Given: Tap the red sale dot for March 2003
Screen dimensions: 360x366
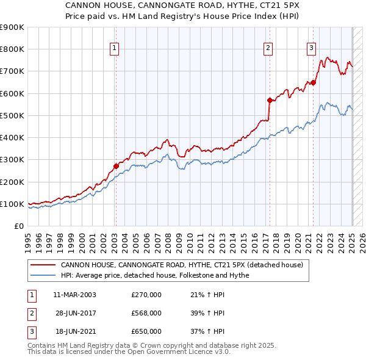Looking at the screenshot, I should (x=115, y=166).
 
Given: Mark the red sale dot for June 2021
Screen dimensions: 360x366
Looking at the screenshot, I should (x=313, y=82).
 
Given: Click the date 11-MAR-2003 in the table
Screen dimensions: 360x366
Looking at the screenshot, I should (x=74, y=295).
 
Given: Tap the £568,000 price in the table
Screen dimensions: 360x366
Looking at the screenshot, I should (x=146, y=313).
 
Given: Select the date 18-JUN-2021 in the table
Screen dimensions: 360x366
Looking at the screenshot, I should (x=74, y=331).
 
